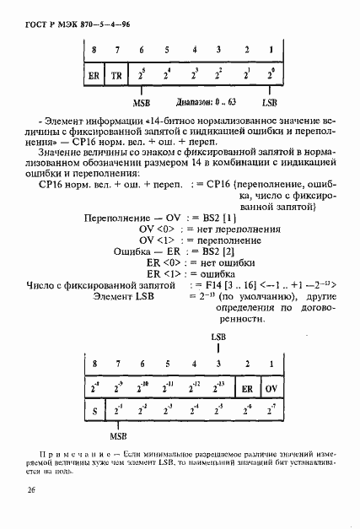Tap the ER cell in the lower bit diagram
point(247,390)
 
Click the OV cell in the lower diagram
point(271,390)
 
